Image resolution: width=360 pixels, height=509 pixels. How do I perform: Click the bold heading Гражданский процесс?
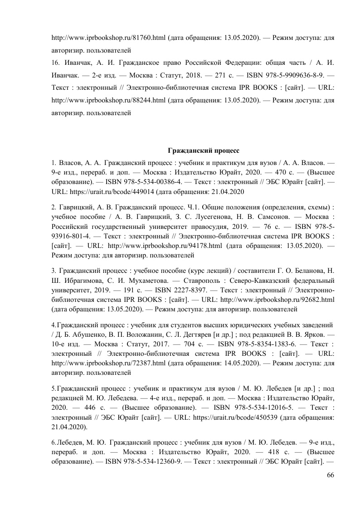(204, 150)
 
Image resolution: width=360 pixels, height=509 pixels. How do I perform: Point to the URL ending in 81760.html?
(108, 39)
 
